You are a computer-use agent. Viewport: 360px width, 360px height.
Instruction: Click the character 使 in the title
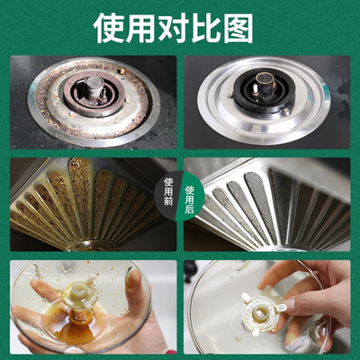pyautogui.click(x=109, y=28)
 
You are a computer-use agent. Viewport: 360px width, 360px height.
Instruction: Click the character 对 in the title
pyautogui.click(x=174, y=28)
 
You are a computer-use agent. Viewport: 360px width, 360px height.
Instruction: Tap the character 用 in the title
pyautogui.click(x=141, y=28)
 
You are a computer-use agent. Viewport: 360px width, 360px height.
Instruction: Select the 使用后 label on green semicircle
pyautogui.click(x=190, y=199)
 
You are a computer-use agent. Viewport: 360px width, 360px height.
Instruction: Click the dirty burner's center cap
pyautogui.click(x=94, y=84)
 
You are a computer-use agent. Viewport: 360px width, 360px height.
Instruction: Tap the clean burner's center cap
pyautogui.click(x=264, y=79)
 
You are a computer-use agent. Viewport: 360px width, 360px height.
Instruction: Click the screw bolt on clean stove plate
pyautogui.click(x=286, y=112)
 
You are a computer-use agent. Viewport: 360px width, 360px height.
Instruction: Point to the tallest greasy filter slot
pyautogui.click(x=79, y=192)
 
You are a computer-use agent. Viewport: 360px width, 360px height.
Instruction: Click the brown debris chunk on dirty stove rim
pyautogui.click(x=123, y=71)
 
